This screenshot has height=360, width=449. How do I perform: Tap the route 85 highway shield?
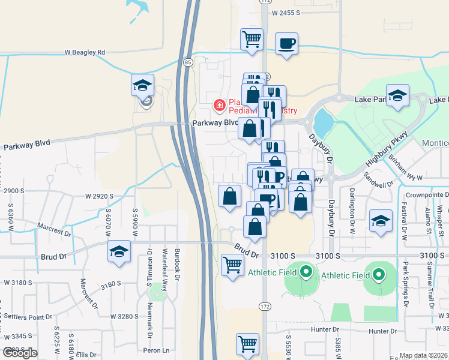[x=188, y=62]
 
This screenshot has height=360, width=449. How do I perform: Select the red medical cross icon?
[x=220, y=106]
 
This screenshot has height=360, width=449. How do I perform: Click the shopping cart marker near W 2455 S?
[x=252, y=40]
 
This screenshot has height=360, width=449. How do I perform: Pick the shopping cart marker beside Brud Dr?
[x=232, y=264]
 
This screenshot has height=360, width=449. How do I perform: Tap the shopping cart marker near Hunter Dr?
[x=247, y=344]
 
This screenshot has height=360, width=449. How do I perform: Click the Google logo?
[x=20, y=353]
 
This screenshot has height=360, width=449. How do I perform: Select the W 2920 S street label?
[x=99, y=196]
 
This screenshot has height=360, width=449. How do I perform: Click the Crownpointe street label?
[x=427, y=194]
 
